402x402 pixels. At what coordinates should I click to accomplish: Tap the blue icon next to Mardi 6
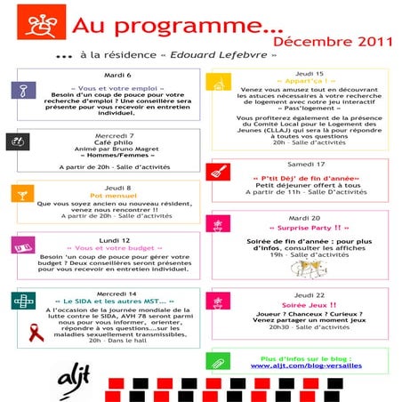(x=20, y=92)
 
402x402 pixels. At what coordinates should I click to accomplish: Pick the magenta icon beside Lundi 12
(x=20, y=245)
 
